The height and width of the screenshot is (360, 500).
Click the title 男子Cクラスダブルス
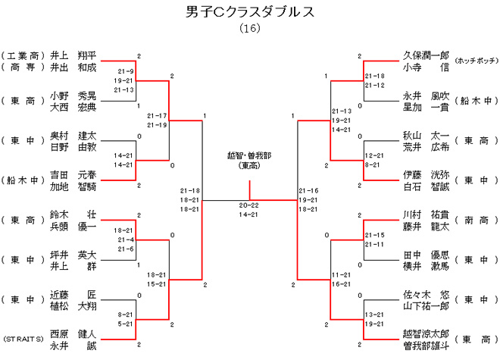[x=249, y=12]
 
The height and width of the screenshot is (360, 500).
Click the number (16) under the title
[x=249, y=28]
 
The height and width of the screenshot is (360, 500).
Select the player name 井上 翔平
[x=73, y=55]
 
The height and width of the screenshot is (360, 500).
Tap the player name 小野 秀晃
[x=73, y=96]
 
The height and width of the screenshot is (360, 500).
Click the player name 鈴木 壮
[x=73, y=214]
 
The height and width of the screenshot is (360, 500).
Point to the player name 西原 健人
[x=73, y=333]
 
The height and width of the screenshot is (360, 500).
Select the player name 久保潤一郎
[x=426, y=55]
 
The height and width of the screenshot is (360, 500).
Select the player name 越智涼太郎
[x=426, y=333]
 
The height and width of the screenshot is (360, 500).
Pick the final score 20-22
[x=249, y=205]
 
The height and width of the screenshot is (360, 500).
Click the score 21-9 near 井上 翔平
[x=125, y=70]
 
